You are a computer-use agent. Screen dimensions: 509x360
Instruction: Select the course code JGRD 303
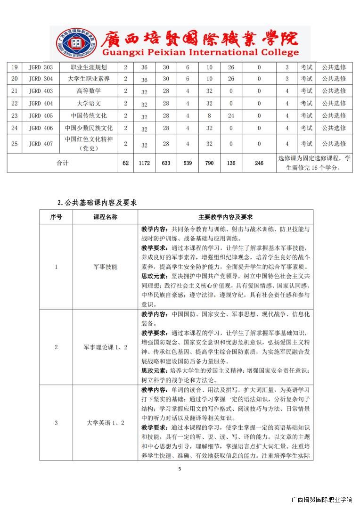[x=41, y=67]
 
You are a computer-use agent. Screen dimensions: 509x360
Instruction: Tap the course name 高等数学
[x=89, y=91]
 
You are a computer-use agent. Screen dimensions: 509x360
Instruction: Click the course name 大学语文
[x=89, y=103]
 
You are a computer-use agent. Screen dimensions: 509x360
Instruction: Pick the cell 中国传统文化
[x=89, y=115]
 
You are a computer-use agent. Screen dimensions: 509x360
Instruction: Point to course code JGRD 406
[x=41, y=128]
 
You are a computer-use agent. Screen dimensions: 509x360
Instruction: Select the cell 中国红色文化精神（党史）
[x=89, y=143]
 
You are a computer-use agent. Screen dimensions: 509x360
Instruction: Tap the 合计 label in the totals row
[x=62, y=163]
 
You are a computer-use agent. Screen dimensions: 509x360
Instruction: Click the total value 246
[x=259, y=163]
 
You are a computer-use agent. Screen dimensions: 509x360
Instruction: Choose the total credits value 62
[x=125, y=163]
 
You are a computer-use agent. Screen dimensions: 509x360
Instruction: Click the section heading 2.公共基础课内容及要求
[x=97, y=203]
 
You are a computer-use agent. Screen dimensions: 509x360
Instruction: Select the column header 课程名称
[x=105, y=217]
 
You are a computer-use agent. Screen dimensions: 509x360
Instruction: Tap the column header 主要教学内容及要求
[x=225, y=217]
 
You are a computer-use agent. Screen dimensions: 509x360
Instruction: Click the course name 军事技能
[x=105, y=267]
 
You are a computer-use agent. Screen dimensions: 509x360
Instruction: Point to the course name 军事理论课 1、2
[x=105, y=347]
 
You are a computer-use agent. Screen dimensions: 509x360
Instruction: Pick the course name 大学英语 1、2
[x=105, y=423]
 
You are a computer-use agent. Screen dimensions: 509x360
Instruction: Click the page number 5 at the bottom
[x=180, y=468]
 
